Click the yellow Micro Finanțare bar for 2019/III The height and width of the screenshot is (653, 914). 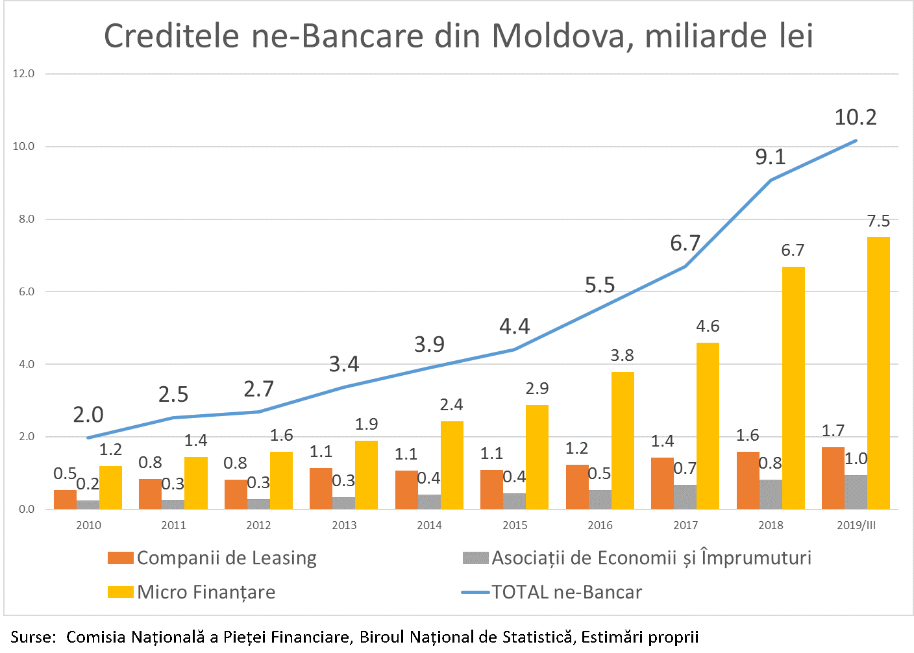pos(878,373)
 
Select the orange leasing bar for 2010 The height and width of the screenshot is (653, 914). pos(65,499)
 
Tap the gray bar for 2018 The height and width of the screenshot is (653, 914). pos(771,494)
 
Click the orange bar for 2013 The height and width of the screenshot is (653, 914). pos(321,488)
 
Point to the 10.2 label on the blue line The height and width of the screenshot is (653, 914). pos(856,117)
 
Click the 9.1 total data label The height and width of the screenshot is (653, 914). pos(771,157)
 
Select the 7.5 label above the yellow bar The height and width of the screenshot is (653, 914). pos(878,221)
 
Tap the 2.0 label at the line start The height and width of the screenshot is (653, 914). pos(88,415)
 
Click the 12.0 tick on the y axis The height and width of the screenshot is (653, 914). pos(24,74)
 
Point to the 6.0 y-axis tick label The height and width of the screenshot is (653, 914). pos(26,292)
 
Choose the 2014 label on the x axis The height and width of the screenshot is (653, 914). pos(429,525)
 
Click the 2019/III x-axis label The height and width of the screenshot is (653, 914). pos(856,525)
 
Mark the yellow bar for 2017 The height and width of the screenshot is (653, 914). pos(708,425)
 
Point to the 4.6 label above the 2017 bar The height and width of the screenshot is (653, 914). pos(708,326)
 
